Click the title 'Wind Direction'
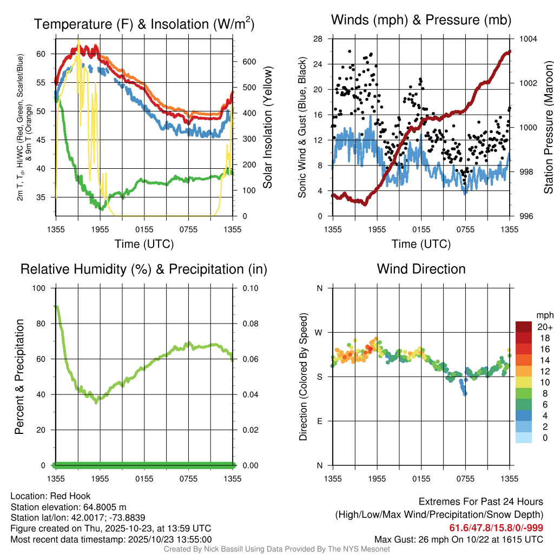click(x=421, y=269)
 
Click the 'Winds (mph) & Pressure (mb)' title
click(x=421, y=20)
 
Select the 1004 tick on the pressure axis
click(x=527, y=39)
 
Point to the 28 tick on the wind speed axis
click(x=318, y=39)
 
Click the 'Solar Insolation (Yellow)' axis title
click(x=267, y=128)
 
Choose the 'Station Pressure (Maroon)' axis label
click(x=548, y=128)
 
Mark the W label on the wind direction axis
click(x=319, y=332)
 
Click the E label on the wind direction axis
click(x=320, y=421)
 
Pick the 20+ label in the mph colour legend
click(x=544, y=327)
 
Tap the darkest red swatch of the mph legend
click(x=524, y=327)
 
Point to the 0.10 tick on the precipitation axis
click(x=249, y=288)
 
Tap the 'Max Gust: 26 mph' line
click(x=459, y=539)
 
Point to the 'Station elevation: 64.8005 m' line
click(x=68, y=507)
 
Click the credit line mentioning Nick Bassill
click(x=276, y=549)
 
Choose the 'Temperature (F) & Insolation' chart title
click(x=144, y=24)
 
